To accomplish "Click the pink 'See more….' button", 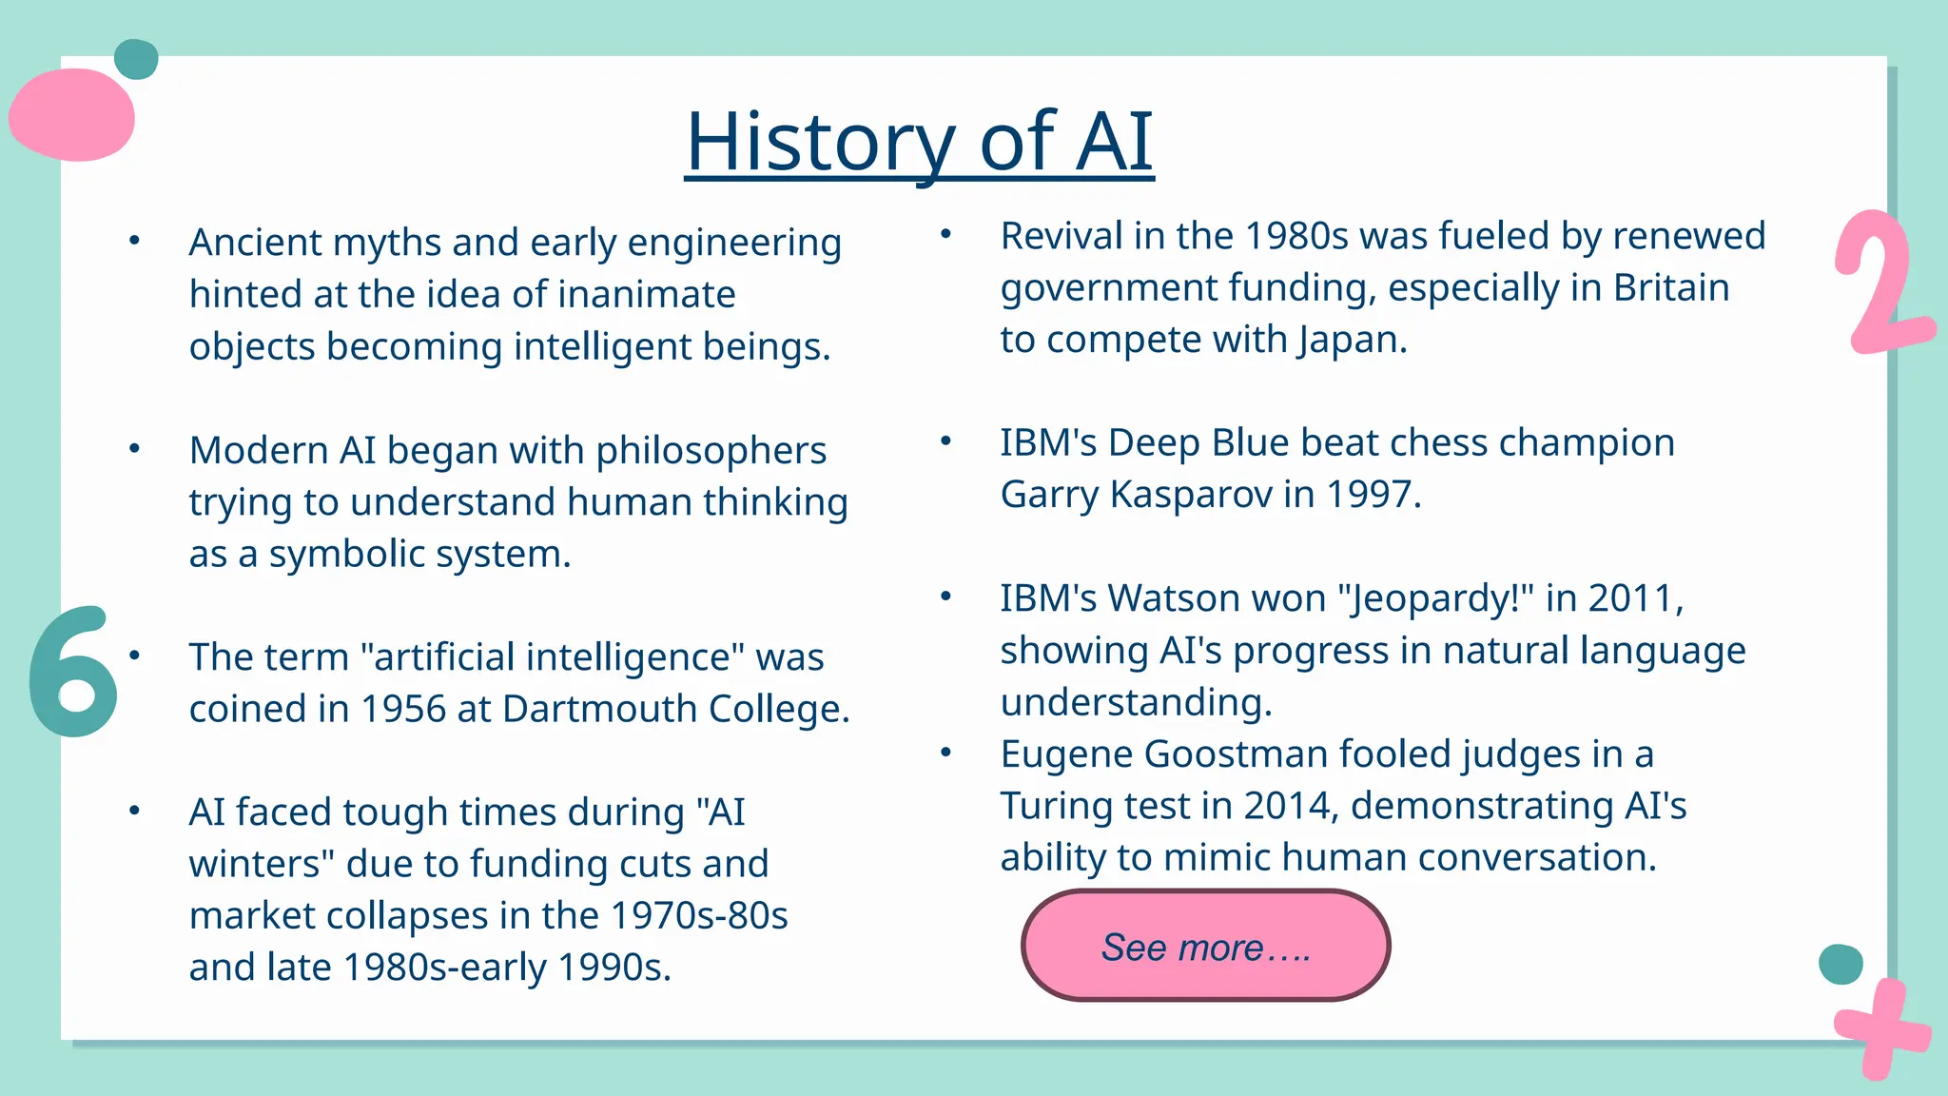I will click(x=1205, y=946).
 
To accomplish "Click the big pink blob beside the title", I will click(x=72, y=115).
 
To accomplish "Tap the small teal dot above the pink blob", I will click(x=136, y=59).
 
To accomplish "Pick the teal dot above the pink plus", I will click(x=1840, y=965).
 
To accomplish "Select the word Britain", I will click(x=1671, y=288).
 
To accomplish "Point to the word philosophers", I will click(x=711, y=451).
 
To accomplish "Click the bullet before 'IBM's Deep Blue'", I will click(x=945, y=440).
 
